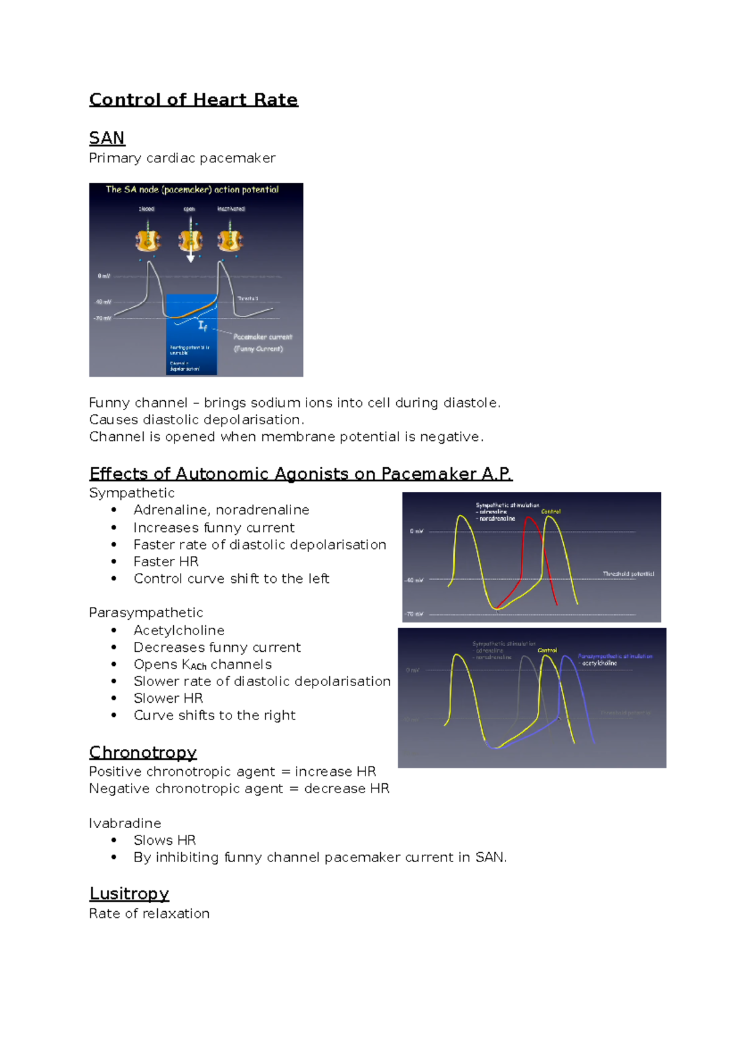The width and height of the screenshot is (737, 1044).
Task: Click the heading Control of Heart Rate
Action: [193, 100]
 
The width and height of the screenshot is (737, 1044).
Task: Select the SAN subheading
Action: [107, 138]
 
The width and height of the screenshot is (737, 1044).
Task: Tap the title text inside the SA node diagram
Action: [192, 189]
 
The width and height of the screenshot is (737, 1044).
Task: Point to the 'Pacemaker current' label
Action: [262, 337]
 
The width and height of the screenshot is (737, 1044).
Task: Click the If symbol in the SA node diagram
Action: [203, 326]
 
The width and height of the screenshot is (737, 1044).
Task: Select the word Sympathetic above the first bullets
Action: [131, 493]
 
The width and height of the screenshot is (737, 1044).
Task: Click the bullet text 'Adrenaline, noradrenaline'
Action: [221, 510]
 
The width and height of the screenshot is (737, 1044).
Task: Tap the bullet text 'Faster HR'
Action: [166, 561]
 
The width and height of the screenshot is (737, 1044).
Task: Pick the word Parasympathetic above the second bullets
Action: [146, 612]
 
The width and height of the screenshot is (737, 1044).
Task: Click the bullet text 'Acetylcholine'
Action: [179, 630]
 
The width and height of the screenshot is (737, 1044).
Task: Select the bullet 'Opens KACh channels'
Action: [202, 665]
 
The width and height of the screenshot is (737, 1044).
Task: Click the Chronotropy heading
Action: [142, 753]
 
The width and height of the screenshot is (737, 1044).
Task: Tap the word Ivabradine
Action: [125, 823]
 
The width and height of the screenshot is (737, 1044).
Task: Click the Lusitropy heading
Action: [129, 893]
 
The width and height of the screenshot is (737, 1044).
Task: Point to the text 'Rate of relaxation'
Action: [149, 914]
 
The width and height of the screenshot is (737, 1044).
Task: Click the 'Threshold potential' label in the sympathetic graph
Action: [628, 574]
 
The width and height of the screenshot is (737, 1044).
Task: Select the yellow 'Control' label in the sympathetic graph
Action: [550, 512]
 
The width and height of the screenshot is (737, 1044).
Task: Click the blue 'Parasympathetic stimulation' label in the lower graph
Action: [614, 656]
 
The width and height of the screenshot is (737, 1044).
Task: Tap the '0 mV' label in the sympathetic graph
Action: [416, 531]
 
